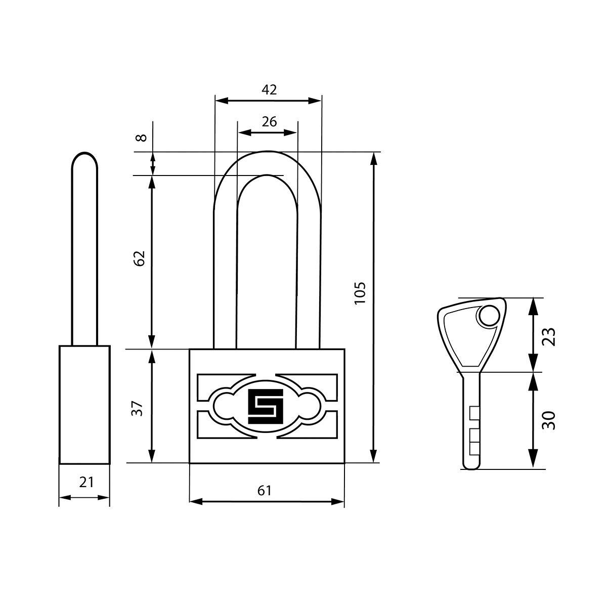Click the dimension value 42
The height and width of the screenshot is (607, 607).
[x=269, y=90]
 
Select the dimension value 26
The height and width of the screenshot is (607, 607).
[x=269, y=121]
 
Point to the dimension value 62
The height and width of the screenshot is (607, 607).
[x=139, y=258]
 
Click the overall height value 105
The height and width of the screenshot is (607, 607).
[x=360, y=293]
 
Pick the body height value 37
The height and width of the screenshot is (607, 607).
[x=138, y=409]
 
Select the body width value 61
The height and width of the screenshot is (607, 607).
[x=264, y=491]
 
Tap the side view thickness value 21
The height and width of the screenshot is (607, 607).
[x=86, y=482]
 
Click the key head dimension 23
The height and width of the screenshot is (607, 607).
[x=549, y=337]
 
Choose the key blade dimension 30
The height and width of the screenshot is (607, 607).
[x=549, y=420]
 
